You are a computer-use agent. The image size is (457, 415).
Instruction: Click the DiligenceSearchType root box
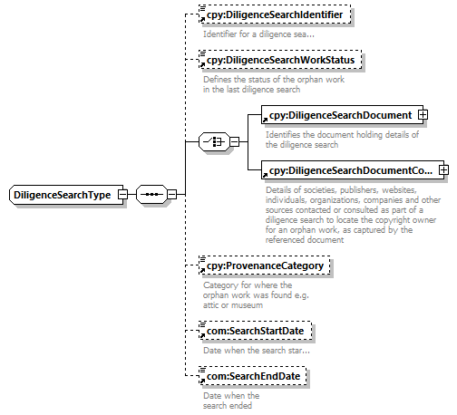(x=66, y=195)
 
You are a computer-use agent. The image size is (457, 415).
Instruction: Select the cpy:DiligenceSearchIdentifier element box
(x=275, y=14)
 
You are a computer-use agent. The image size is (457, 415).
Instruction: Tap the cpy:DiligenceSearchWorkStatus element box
(x=280, y=60)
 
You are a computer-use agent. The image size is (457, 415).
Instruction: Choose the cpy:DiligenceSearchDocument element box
(x=342, y=115)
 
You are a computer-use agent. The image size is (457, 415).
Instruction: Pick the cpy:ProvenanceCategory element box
(x=265, y=265)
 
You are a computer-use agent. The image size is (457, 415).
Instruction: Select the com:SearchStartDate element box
(x=255, y=331)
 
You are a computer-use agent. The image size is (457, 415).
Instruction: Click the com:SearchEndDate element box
(x=253, y=376)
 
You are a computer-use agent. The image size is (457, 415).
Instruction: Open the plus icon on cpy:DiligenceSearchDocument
(x=423, y=115)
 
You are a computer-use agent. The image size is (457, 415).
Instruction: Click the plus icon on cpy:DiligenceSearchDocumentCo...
(x=443, y=170)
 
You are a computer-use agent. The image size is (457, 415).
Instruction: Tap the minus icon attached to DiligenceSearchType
(x=122, y=195)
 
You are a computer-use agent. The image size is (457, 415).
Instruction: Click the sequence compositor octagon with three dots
(x=151, y=195)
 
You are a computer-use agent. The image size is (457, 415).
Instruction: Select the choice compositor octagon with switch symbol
(x=214, y=141)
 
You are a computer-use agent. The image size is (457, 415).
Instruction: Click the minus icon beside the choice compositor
(x=235, y=141)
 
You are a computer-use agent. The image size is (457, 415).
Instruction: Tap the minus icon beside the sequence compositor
(x=171, y=195)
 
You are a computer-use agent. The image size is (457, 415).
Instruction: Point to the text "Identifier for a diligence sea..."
(x=258, y=34)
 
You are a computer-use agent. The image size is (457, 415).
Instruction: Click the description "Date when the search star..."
(x=257, y=351)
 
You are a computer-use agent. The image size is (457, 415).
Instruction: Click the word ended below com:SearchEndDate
(x=240, y=405)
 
